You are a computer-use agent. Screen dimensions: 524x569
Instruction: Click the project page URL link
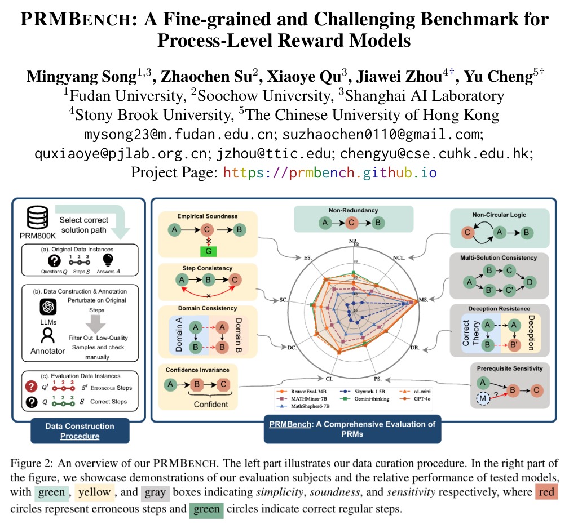coord(330,172)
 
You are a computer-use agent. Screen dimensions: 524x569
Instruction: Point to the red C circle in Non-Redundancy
coord(351,223)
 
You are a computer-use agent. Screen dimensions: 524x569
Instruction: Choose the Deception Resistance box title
coord(499,309)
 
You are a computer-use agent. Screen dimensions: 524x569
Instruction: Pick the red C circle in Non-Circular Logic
coord(467,232)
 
